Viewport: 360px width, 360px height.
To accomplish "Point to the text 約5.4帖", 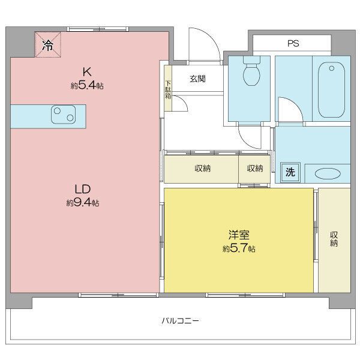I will coord(87,86).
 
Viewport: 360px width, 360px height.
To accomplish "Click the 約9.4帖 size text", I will coord(83,203).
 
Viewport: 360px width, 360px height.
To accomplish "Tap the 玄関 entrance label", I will coord(198,78).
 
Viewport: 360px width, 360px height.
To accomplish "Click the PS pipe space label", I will coord(293,43).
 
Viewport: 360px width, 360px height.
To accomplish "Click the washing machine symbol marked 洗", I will coord(290,172).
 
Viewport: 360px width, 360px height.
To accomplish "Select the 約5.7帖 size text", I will coord(239,248).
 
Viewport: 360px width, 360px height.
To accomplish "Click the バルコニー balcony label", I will coord(180,321).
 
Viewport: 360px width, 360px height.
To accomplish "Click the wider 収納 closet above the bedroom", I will coord(202,169).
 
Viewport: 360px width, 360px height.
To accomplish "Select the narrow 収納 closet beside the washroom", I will coord(255,169).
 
